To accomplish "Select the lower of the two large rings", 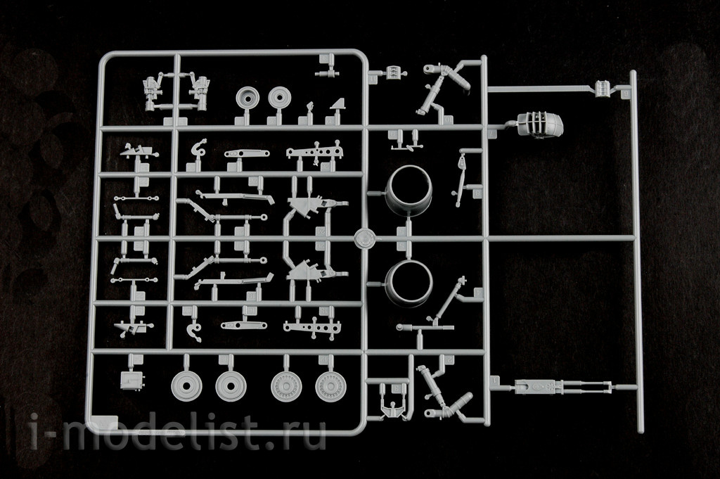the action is pos(409,284).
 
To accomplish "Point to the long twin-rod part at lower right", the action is pos(562,386).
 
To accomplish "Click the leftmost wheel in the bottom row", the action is pos(186,385).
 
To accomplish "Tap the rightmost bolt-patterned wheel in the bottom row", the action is pos(330,385).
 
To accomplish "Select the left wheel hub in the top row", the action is pos(248,98).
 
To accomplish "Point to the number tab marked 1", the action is pos(494,381).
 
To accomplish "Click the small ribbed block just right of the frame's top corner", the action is pos(394,72).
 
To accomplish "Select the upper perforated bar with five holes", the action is pos(315,152).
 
